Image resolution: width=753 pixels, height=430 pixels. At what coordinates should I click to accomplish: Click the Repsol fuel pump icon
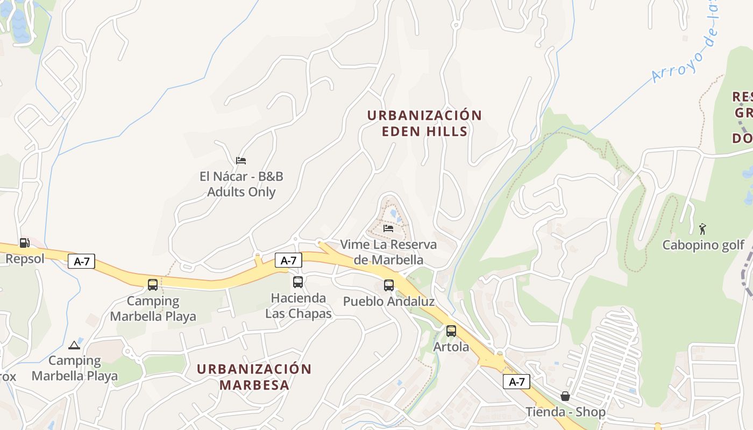tap(24, 242)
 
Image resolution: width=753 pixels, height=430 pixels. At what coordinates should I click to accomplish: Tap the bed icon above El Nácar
tap(241, 160)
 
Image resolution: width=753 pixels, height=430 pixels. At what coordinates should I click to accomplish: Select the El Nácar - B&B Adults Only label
tap(241, 184)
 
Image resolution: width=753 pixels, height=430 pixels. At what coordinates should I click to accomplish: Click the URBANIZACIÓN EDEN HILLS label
tap(424, 123)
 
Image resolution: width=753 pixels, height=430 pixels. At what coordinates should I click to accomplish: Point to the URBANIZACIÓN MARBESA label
tap(254, 377)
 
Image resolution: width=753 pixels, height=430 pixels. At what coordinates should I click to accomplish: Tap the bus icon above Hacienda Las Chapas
tap(297, 282)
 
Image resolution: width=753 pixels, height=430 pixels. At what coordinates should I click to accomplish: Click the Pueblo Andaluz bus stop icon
tap(388, 285)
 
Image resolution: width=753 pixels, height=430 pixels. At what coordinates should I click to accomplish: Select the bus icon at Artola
tap(451, 331)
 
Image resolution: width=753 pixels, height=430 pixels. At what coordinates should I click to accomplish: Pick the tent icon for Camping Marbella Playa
tap(74, 345)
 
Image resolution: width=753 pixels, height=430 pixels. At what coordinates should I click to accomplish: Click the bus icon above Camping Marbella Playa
tap(153, 284)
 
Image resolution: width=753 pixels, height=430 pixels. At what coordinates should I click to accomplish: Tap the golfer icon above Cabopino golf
tap(702, 229)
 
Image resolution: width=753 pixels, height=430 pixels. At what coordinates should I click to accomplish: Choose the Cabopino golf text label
tap(703, 245)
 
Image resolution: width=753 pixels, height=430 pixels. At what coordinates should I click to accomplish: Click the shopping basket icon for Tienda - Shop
tap(565, 396)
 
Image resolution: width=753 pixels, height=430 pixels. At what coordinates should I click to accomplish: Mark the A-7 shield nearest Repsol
tap(82, 262)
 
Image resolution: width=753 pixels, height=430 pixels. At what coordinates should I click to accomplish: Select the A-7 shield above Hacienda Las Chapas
tap(288, 260)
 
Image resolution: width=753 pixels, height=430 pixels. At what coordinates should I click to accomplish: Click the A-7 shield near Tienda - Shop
tap(516, 382)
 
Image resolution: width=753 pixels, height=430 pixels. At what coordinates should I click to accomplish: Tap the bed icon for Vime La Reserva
tap(388, 228)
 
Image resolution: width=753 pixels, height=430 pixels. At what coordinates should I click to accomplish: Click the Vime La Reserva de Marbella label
tap(388, 252)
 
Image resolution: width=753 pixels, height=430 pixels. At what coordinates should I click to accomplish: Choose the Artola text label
tap(451, 347)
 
